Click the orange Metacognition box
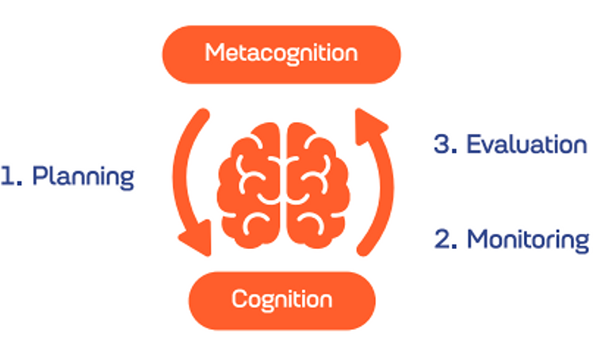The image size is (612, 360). (281, 55)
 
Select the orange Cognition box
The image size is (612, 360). (281, 301)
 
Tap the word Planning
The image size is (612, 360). (83, 178)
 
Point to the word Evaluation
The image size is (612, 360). (527, 144)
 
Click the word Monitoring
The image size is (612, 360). (528, 240)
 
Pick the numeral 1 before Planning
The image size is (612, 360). (8, 176)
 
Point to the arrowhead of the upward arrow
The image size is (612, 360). (369, 126)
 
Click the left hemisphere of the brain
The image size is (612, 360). (249, 186)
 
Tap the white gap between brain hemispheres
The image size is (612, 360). (283, 186)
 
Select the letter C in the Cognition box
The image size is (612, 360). (239, 299)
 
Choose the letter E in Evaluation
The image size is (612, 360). (474, 144)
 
